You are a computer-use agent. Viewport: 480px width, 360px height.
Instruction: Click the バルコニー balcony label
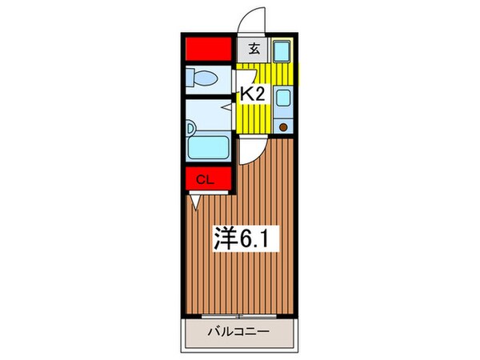[239, 330]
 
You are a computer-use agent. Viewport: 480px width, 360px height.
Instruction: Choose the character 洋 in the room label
[226, 237]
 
